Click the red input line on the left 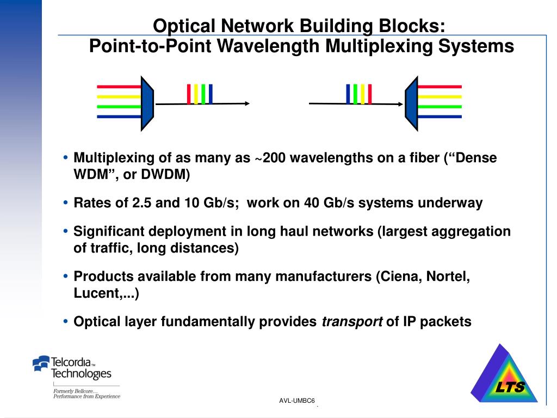pos(118,87)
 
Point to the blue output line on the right pos(440,116)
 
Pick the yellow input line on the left pos(118,96)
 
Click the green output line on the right pos(440,107)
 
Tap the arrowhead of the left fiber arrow pos(246,103)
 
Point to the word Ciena pos(400,276)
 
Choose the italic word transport pos(352,322)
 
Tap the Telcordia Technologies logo pos(72,368)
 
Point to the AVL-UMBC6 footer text pos(297,401)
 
